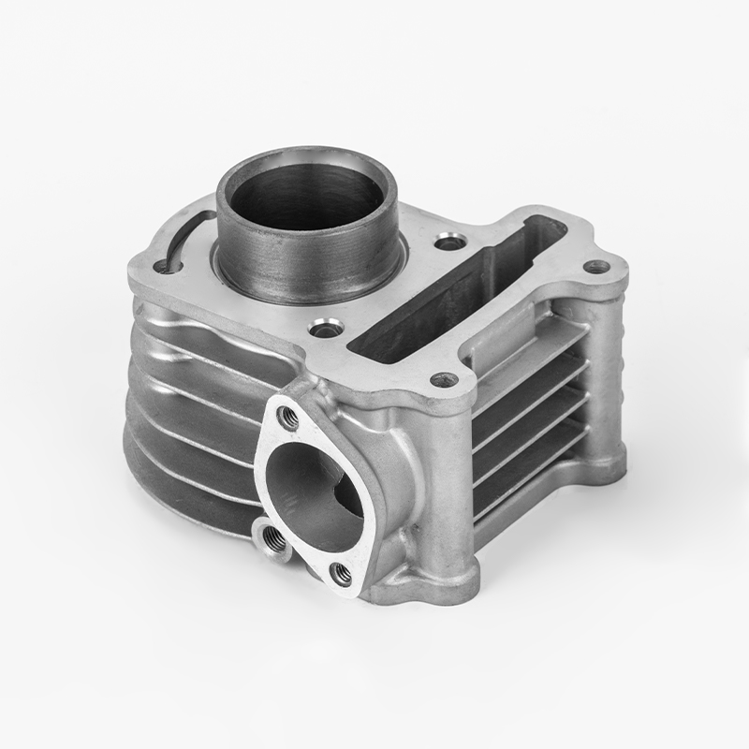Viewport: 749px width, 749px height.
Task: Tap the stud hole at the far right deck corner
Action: point(596,267)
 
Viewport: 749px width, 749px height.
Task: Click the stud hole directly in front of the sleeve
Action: point(326,329)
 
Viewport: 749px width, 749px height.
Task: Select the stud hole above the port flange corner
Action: point(444,380)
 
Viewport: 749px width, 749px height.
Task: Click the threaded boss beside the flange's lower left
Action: point(272,536)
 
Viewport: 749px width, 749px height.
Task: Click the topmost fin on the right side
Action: point(534,346)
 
